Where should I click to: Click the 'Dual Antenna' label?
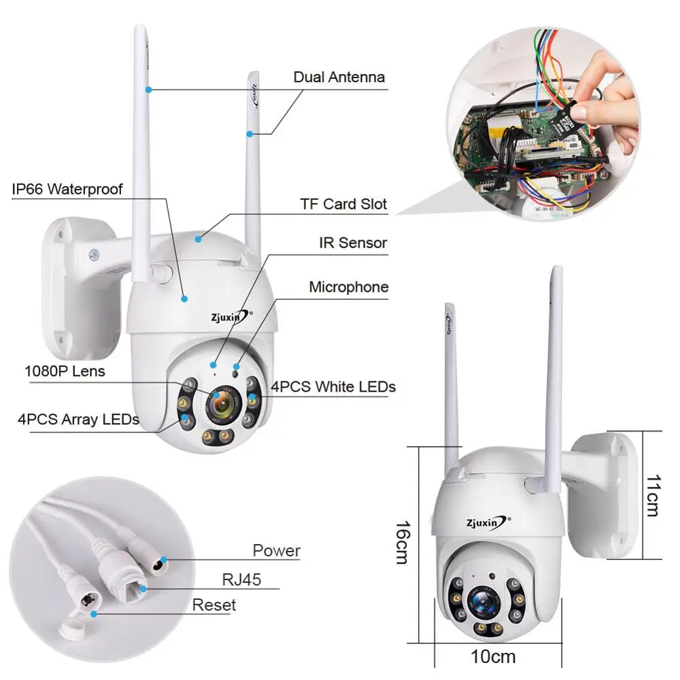339,77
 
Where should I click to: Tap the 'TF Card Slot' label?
343,204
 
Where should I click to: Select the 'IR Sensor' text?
353,243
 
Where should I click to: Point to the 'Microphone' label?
349,287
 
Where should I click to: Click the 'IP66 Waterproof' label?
67,188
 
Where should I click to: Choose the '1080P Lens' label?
65,371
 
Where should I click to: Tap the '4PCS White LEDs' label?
333,387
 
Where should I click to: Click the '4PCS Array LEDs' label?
78,419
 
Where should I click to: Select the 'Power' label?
276,550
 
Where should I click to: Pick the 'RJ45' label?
241,579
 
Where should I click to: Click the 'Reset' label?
214,605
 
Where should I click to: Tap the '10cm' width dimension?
493,657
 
